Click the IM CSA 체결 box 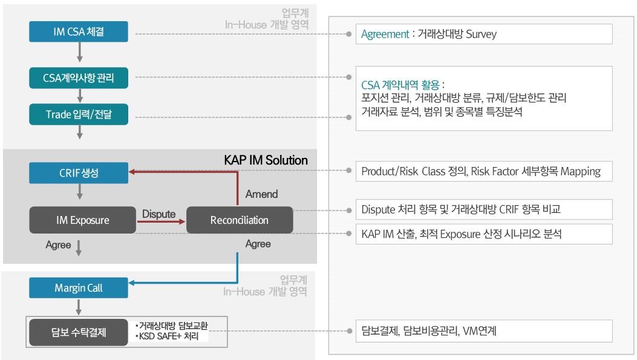[x=79, y=31]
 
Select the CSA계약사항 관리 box [x=79, y=77]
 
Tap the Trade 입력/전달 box [x=79, y=114]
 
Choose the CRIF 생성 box [x=79, y=172]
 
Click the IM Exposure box [x=82, y=220]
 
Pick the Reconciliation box [x=240, y=220]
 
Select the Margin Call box [x=79, y=287]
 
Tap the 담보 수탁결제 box [x=79, y=332]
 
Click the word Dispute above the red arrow [x=159, y=214]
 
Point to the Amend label [x=261, y=194]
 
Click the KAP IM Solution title [x=266, y=160]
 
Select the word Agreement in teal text [x=385, y=34]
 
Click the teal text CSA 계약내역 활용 [x=400, y=85]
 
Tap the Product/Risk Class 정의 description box [x=484, y=171]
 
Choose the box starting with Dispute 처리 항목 [x=484, y=209]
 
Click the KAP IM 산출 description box [x=484, y=234]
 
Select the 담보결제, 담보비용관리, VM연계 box [x=484, y=331]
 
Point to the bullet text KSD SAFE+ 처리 [x=167, y=336]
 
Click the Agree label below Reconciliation [x=258, y=244]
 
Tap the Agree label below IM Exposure [x=58, y=244]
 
